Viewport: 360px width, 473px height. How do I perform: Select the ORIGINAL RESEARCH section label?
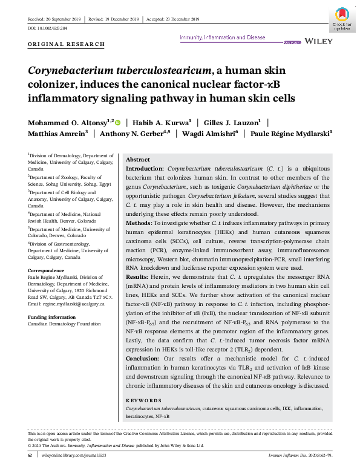67,45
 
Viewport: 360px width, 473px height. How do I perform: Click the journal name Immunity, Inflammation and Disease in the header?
223,38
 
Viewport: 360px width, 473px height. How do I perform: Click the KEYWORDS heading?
143,400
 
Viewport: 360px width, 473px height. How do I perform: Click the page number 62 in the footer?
30,455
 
